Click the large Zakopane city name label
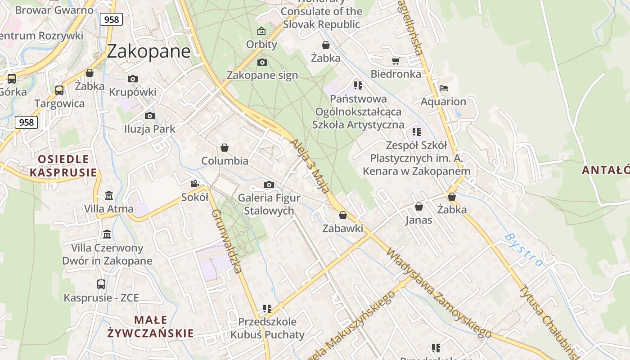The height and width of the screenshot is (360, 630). pos(148,52)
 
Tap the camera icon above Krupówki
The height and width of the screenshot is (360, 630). pos(132,79)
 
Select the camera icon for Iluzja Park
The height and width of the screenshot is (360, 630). pos(150,116)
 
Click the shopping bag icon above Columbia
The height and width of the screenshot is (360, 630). pos(224,148)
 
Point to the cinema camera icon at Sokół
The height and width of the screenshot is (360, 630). pos(194,184)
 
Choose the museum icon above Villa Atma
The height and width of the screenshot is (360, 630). pos(108,196)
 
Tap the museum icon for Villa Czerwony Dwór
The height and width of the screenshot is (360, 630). pos(107,234)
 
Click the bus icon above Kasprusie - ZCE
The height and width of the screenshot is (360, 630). pos(101,284)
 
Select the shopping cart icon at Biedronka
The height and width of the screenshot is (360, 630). pos(396,61)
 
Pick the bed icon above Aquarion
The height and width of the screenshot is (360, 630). pos(443,88)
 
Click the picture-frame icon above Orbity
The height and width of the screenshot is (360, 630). pos(261,31)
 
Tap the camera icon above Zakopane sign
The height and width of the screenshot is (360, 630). pos(262,62)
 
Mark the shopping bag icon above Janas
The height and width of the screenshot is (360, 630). pos(418,207)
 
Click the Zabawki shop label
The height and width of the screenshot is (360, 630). pos(342,229)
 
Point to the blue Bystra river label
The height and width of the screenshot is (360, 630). pos(523,249)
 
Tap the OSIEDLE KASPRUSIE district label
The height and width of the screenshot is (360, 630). pos(63,166)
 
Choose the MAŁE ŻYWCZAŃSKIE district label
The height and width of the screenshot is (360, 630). pos(150,327)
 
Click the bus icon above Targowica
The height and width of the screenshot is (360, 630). pos(59,90)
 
